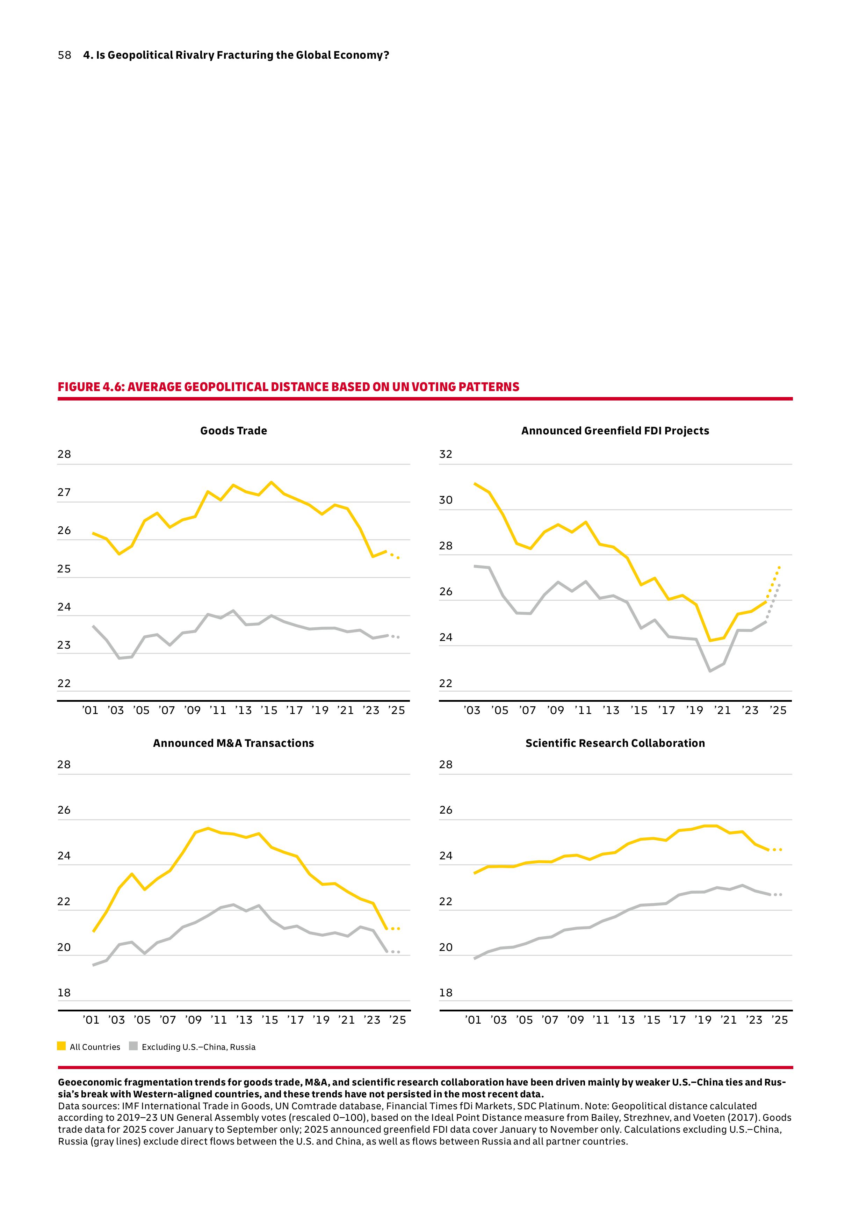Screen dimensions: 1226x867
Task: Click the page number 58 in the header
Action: coord(64,56)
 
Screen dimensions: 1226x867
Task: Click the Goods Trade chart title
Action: coord(233,431)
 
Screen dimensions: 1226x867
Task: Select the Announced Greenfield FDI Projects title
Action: coord(615,431)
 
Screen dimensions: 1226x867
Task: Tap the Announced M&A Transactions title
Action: coord(233,743)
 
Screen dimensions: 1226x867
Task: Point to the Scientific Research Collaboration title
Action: coord(615,743)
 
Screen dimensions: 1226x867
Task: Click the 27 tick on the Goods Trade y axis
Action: coord(64,492)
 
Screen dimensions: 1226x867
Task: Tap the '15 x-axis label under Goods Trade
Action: coord(269,711)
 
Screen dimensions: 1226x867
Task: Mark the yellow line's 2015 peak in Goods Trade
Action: coord(271,482)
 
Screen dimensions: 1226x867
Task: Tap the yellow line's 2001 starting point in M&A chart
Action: coord(93,932)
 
